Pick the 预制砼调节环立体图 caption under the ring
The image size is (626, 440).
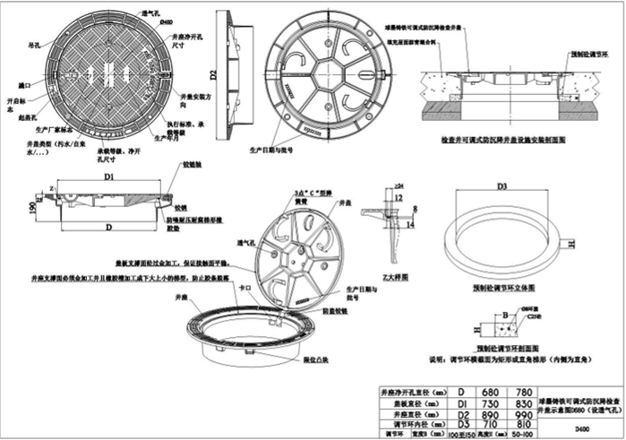coord(505,289)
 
